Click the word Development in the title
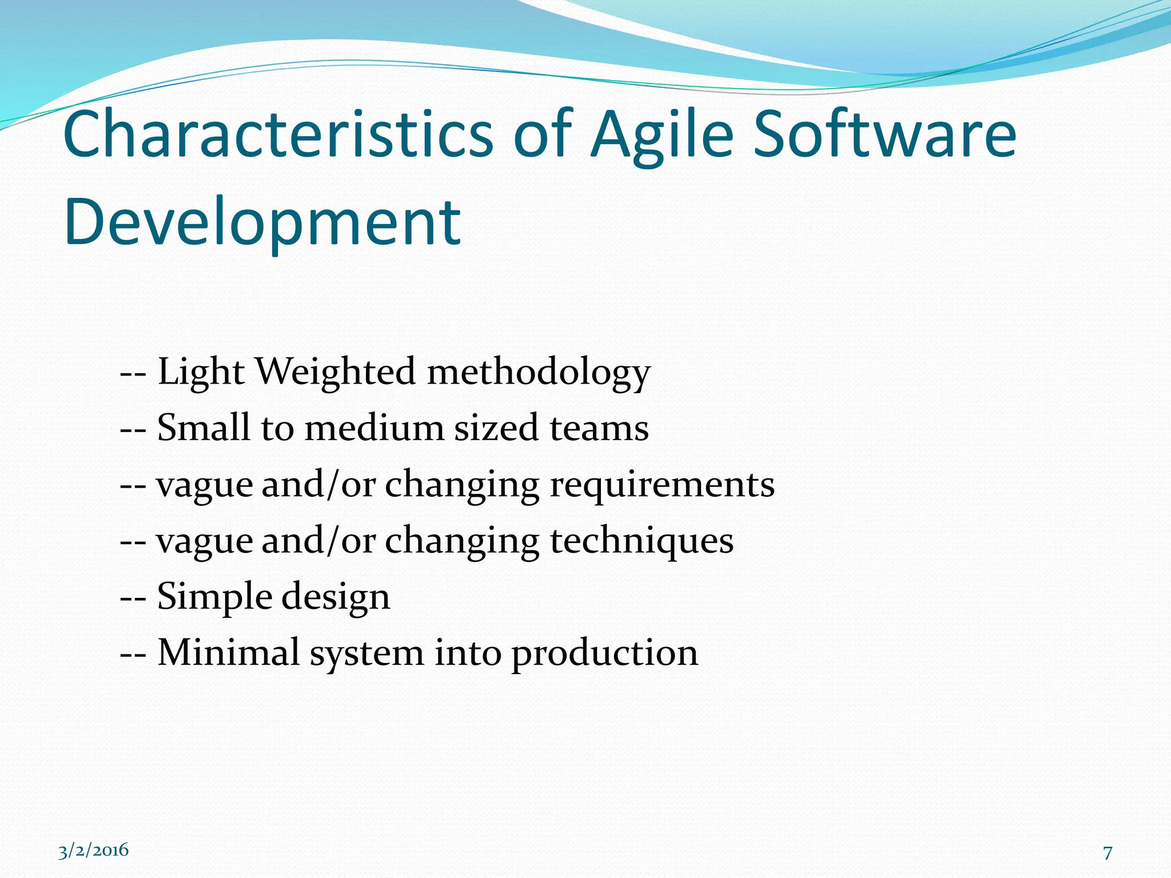pos(262,223)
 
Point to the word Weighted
pos(336,372)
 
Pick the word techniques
pos(642,541)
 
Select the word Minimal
pos(229,652)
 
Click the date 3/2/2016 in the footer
pos(94,851)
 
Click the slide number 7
pos(1108,853)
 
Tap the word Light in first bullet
pos(201,373)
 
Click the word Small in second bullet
pos(204,428)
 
